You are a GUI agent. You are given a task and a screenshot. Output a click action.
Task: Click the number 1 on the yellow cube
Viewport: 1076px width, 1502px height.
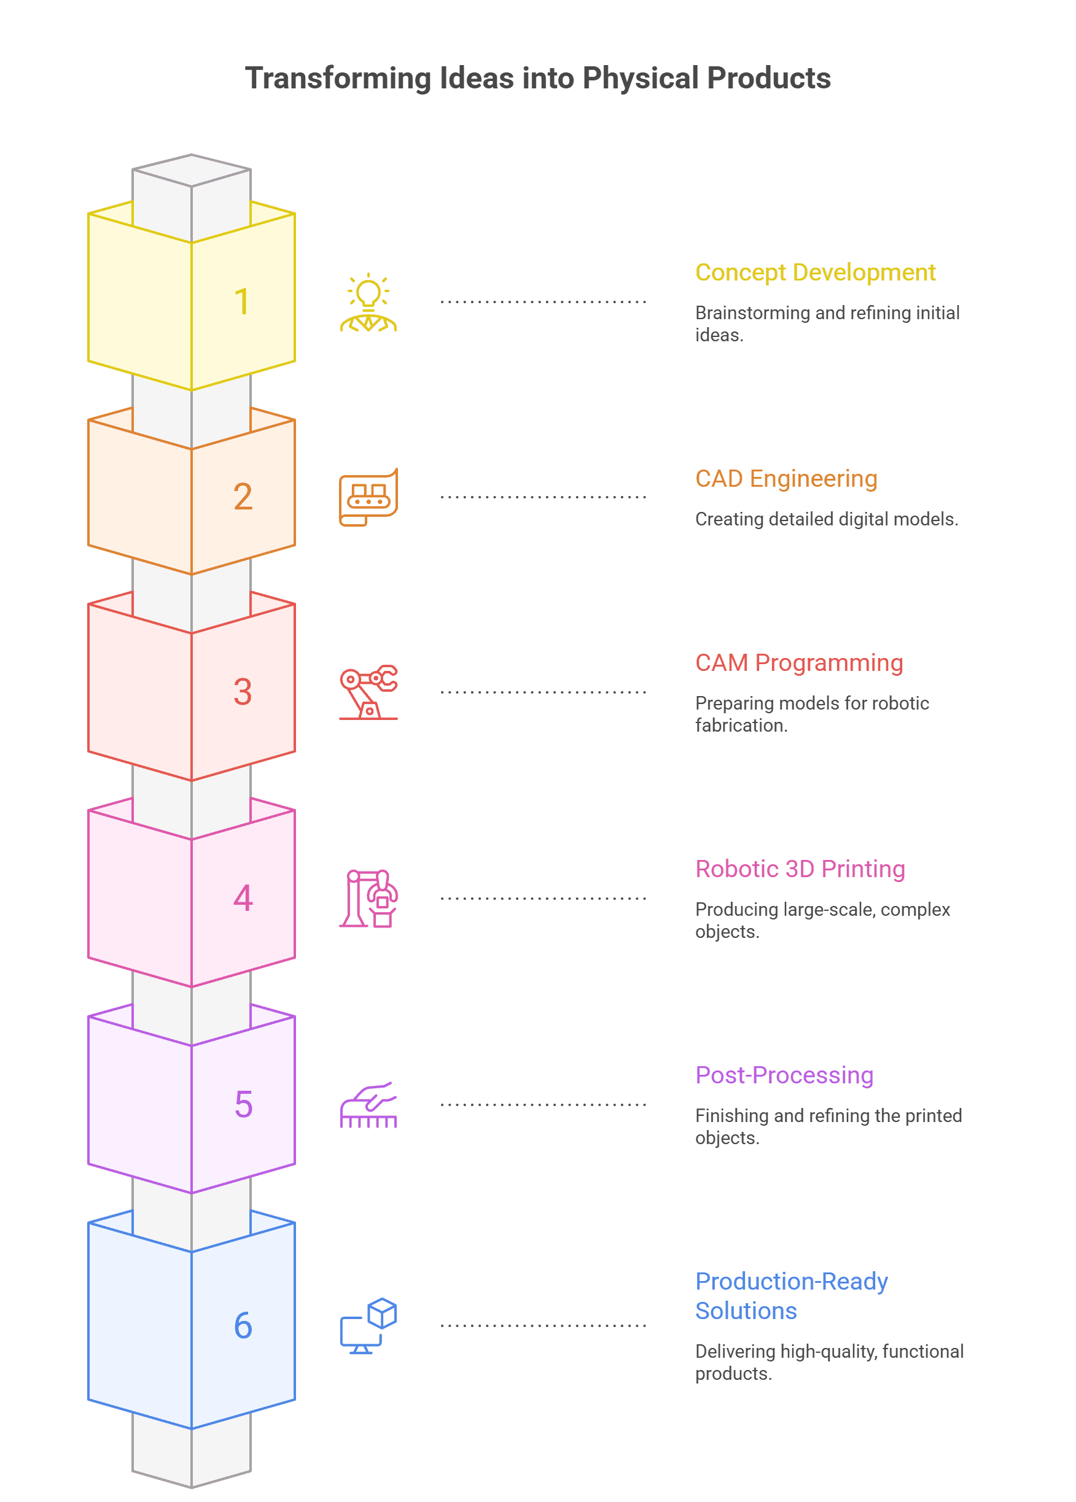242,301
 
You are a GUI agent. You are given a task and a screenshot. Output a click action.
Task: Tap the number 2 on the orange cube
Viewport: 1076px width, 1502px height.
243,497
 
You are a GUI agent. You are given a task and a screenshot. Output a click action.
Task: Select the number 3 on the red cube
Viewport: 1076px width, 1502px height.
243,692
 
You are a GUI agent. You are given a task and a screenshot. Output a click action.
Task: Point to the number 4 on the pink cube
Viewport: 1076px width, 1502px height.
243,899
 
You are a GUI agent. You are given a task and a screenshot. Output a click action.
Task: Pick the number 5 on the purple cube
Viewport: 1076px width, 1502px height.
243,1105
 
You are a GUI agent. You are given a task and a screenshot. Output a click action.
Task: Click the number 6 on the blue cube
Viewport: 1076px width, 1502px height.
243,1326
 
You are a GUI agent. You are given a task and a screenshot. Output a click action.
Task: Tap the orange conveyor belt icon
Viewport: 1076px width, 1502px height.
368,497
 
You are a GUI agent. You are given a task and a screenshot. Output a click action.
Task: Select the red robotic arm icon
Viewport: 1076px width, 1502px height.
368,692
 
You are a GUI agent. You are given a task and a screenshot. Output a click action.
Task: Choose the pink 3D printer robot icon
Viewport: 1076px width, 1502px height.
368,899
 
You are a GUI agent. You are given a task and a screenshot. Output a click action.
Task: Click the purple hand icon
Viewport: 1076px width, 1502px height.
368,1105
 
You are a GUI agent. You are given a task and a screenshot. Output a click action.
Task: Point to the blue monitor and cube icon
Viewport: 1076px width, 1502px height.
368,1326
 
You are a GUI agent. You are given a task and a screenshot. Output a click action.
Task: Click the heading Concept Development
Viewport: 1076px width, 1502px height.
815,272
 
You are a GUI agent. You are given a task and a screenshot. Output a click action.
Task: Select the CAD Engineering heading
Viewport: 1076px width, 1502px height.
786,478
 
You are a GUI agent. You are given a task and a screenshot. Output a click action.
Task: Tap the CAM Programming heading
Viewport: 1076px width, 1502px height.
799,662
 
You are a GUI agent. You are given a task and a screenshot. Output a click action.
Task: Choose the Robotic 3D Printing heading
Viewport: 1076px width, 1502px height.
800,869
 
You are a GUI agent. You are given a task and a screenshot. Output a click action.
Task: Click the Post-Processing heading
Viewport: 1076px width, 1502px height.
784,1075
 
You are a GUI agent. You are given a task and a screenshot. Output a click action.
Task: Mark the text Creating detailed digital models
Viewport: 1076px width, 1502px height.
826,519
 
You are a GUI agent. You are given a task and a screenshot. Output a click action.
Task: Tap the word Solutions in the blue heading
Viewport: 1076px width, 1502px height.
746,1310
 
